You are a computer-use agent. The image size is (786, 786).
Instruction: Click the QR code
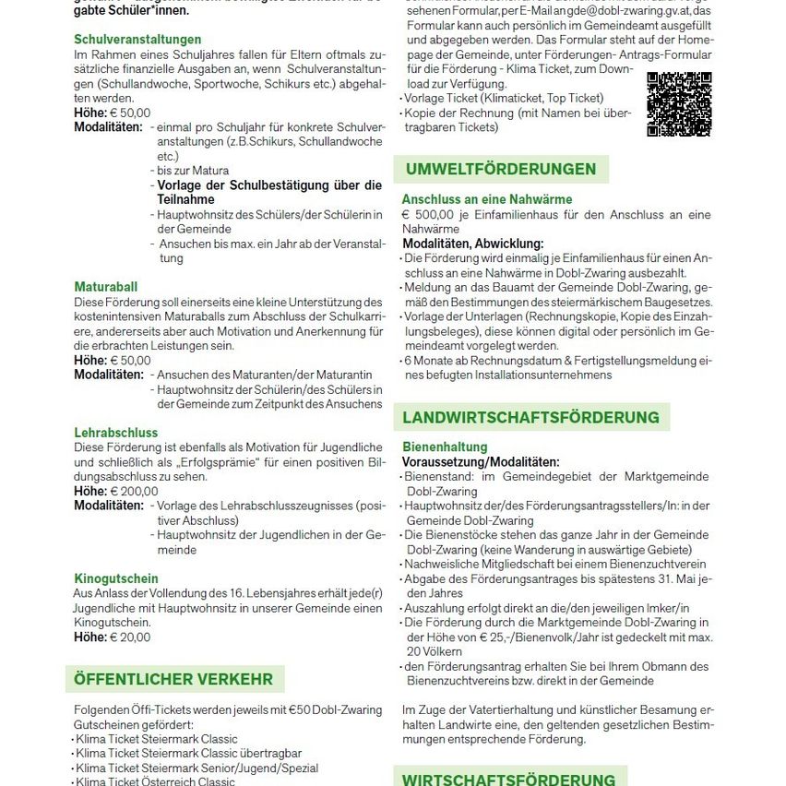point(679,104)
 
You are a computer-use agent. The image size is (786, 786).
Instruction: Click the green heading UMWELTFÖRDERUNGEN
point(501,169)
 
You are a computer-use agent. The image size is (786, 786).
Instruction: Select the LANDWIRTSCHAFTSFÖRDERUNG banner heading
point(531,417)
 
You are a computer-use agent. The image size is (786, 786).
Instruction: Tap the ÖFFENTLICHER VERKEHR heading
point(174,679)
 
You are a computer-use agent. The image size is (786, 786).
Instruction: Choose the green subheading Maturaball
point(107,287)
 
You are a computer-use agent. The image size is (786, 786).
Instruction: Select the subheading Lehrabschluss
point(116,432)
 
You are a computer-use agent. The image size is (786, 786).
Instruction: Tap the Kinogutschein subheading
point(116,578)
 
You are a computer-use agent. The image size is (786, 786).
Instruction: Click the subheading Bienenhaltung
point(445,447)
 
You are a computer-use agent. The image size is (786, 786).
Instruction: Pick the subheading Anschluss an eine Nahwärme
point(487,198)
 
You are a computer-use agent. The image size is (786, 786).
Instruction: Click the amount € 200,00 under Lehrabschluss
point(134,492)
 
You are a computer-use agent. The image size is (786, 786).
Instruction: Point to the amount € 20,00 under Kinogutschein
point(130,637)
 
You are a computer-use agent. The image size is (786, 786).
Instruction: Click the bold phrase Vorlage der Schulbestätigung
point(269,185)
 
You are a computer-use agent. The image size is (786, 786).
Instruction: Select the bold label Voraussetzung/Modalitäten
point(481,461)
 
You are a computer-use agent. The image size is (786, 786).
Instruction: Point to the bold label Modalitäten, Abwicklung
point(473,244)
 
